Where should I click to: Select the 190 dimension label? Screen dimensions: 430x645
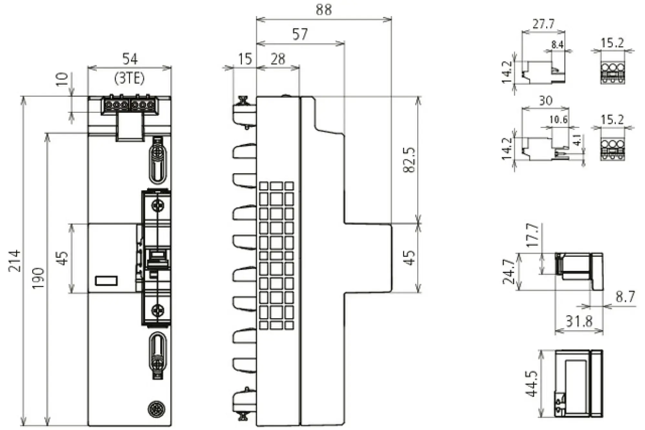[x=38, y=278]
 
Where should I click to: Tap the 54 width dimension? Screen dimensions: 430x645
[x=130, y=59]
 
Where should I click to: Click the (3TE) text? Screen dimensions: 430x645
[x=130, y=78]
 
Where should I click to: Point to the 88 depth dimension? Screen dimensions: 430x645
[x=323, y=10]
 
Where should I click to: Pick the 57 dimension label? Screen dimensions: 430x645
[x=300, y=34]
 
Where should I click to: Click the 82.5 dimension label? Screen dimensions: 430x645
[x=409, y=160]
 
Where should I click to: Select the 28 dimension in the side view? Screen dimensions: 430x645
[x=278, y=59]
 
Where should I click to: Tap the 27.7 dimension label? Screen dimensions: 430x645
[x=543, y=24]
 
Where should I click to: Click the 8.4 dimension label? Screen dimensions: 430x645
[x=557, y=44]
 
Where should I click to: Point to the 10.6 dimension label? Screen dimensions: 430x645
[x=559, y=120]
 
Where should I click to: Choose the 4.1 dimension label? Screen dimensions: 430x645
[x=577, y=141]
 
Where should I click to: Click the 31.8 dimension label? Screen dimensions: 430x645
[x=579, y=321]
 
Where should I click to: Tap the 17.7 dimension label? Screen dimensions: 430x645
[x=533, y=235]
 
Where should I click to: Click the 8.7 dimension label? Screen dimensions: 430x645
[x=625, y=297]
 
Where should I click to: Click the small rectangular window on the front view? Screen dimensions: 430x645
[x=106, y=281]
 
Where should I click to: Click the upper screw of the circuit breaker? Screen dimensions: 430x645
[x=158, y=205]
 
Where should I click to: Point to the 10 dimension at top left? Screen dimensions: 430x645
[x=63, y=79]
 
